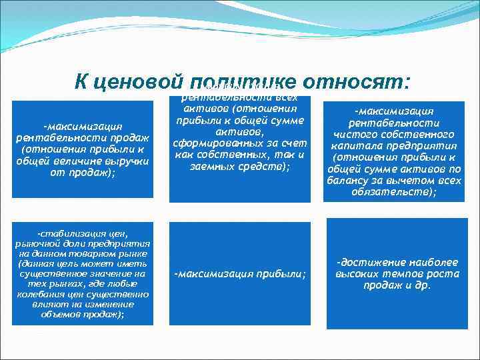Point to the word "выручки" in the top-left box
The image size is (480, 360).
(x=131, y=161)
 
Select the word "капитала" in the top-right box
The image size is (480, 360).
(x=361, y=145)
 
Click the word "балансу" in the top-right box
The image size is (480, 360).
(x=353, y=180)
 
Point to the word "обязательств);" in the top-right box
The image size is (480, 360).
(x=393, y=191)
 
